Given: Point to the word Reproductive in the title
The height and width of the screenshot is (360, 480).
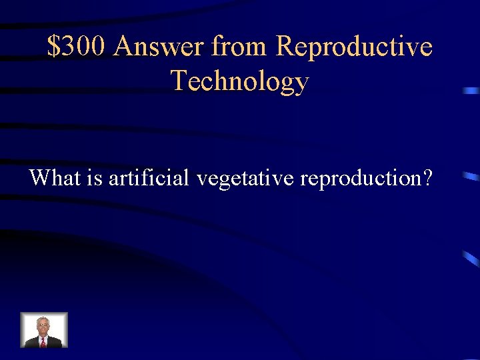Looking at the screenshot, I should click(x=354, y=47).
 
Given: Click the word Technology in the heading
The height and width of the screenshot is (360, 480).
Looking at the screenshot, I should click(x=240, y=81).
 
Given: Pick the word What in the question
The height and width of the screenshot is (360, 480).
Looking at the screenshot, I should click(x=51, y=178).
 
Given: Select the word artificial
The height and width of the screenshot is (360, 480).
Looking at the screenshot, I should click(x=148, y=178).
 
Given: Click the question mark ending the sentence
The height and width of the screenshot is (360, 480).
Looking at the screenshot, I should click(x=427, y=178).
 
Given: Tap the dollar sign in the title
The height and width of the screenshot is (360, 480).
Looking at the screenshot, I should click(x=53, y=47).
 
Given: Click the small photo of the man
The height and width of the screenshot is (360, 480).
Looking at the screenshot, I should click(x=44, y=330).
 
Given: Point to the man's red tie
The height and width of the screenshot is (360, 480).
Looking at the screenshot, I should click(x=43, y=341).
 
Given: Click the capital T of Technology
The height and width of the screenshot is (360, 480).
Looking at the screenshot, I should click(x=179, y=81).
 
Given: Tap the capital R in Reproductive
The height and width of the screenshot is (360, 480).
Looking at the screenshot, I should click(x=285, y=47).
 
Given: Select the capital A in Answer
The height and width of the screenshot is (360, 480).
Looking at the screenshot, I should click(x=124, y=47).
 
